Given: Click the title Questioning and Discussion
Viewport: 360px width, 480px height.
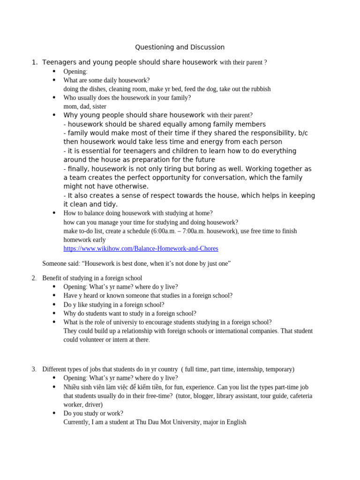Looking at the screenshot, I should click(x=180, y=47).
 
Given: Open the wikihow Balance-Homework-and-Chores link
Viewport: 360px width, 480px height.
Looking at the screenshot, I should click(x=141, y=248).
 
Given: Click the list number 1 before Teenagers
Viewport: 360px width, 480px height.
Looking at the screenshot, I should click(x=34, y=62).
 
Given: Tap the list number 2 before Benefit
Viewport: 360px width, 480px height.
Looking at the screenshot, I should click(x=34, y=278).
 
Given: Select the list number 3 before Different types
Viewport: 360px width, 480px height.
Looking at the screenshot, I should click(x=34, y=369).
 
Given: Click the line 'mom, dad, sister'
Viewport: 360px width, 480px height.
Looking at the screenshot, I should click(x=85, y=106).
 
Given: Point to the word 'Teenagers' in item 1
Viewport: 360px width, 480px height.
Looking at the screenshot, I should click(x=60, y=62).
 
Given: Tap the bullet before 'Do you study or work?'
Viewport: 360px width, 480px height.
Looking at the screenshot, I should click(x=54, y=413).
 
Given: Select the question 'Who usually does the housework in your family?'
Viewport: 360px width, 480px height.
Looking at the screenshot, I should click(x=127, y=98).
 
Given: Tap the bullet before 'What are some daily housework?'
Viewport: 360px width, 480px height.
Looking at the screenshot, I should click(x=54, y=80).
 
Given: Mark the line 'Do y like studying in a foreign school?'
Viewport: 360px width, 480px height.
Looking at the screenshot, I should click(x=114, y=305).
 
